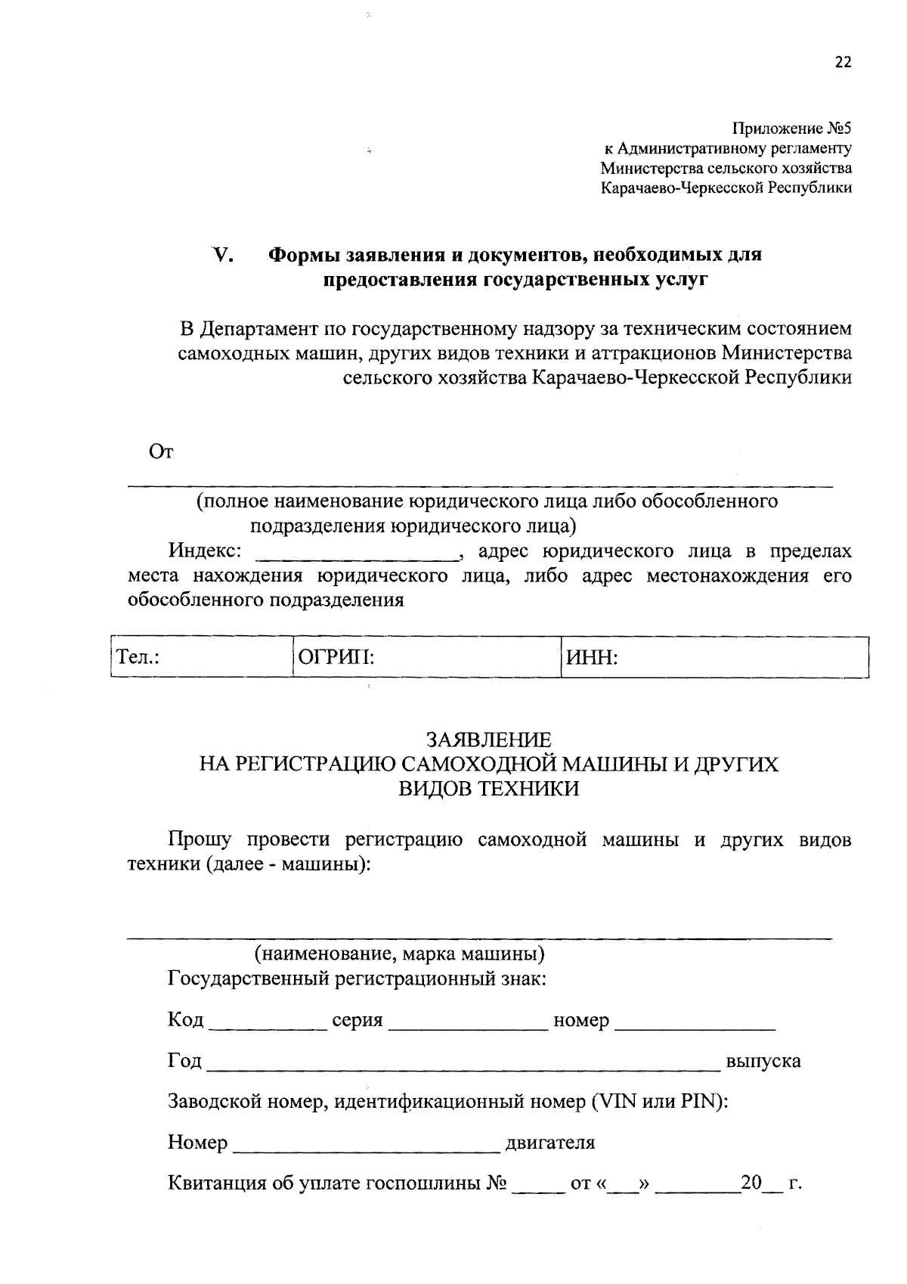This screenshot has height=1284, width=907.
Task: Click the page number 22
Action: (843, 63)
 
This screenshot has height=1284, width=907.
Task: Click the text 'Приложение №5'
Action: (792, 129)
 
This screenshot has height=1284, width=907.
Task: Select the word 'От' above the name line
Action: (162, 452)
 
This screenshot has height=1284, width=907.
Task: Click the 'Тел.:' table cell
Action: (200, 658)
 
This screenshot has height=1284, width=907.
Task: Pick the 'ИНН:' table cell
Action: (714, 658)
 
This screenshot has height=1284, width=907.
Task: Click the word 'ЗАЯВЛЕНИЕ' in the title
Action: (488, 739)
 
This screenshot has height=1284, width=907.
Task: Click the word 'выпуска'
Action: (763, 1061)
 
